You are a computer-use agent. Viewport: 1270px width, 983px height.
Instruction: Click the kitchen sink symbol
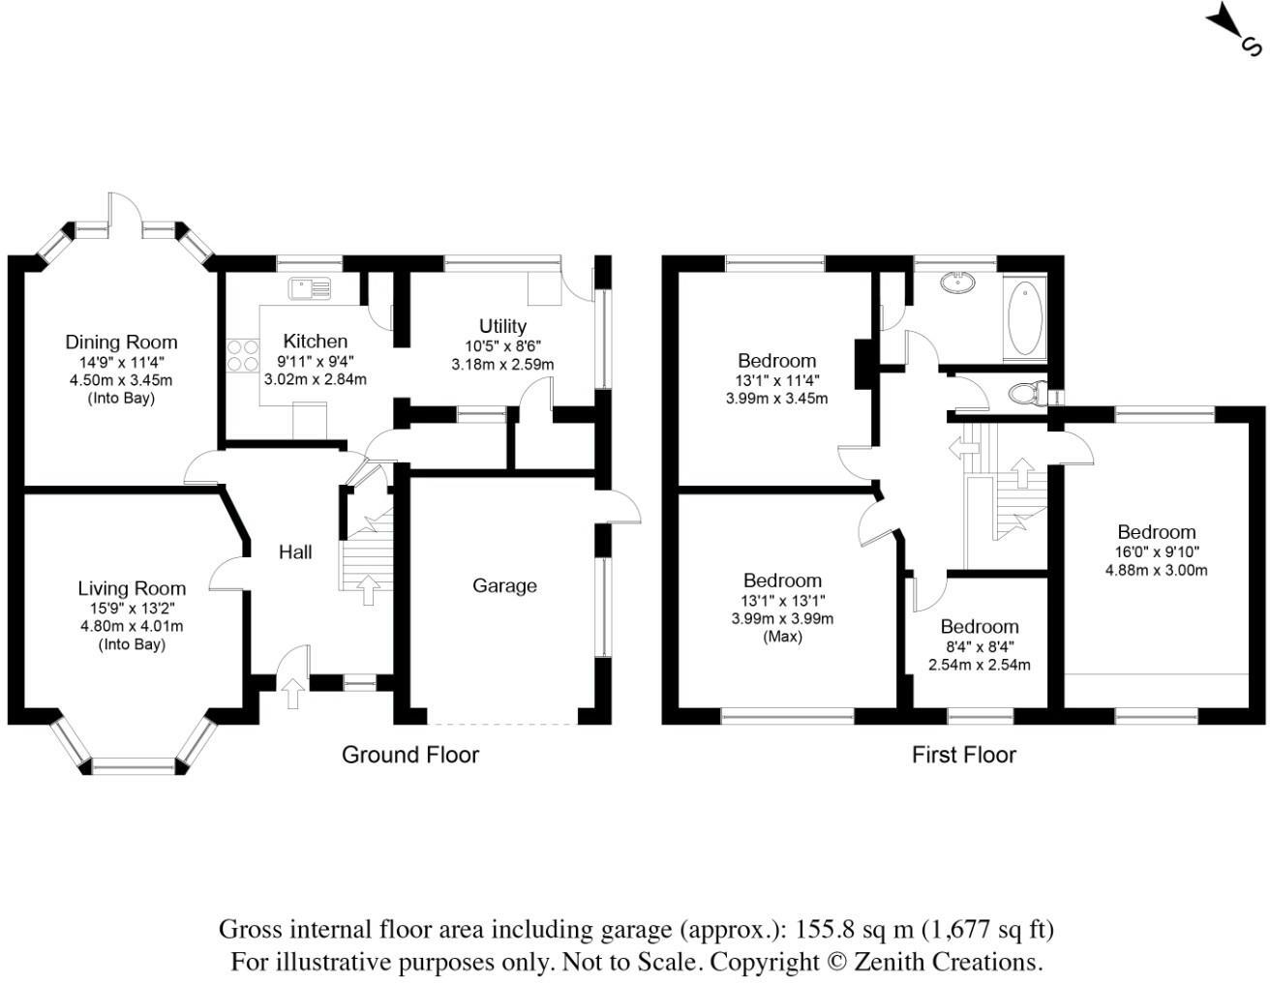[309, 287]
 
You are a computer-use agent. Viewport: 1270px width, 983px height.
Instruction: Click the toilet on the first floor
[1027, 394]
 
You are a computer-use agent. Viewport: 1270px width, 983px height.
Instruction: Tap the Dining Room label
[121, 342]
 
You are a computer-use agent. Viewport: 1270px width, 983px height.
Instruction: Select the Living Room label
[132, 588]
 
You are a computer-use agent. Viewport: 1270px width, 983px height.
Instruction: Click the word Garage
[504, 585]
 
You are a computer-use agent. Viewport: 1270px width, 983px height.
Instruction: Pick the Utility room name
[502, 326]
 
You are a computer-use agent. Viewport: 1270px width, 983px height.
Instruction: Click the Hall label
[295, 551]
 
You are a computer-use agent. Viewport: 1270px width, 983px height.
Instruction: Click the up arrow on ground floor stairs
[368, 589]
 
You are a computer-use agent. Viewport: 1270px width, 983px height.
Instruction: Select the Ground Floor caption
[410, 755]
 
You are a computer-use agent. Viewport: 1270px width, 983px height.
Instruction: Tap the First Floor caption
[964, 755]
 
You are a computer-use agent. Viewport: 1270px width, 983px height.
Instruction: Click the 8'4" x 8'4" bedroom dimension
[979, 646]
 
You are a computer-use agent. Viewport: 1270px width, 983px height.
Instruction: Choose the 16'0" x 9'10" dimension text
[1156, 551]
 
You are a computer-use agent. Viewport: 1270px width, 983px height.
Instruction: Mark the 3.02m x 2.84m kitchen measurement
[315, 379]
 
